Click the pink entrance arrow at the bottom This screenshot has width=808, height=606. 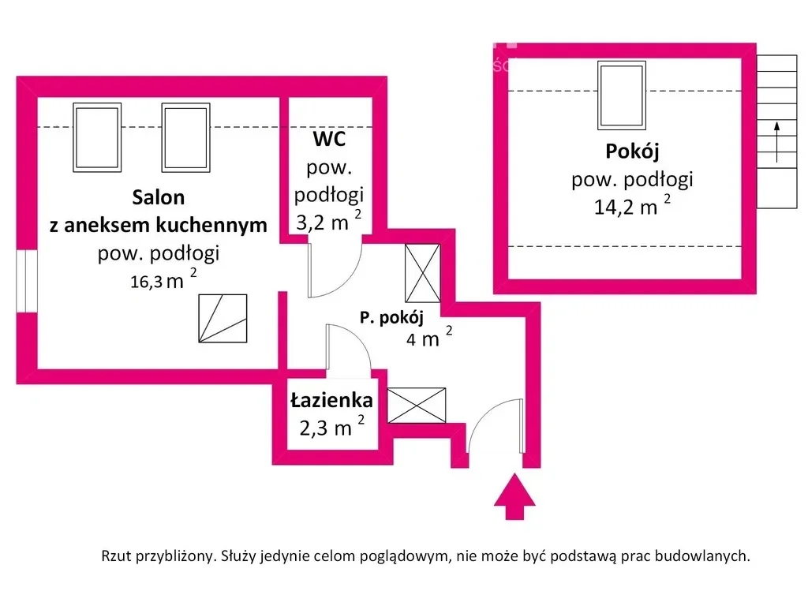coord(514,497)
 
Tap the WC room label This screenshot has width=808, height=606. coord(329,139)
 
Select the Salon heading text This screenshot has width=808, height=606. coord(158,197)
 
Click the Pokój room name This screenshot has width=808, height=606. coord(632,151)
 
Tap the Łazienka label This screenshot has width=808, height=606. coord(331,400)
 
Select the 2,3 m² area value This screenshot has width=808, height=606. coord(332,426)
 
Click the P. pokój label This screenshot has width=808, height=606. coord(391,317)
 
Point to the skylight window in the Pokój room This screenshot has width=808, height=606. coord(622,95)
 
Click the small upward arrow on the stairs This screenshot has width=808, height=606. coord(776,142)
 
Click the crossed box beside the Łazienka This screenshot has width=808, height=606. coord(417,405)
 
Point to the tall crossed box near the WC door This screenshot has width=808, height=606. coord(423,273)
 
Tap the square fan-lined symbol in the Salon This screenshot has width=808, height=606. coord(223,319)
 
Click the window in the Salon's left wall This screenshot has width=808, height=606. coord(27,281)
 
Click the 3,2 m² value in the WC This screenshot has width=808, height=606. coord(329,221)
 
